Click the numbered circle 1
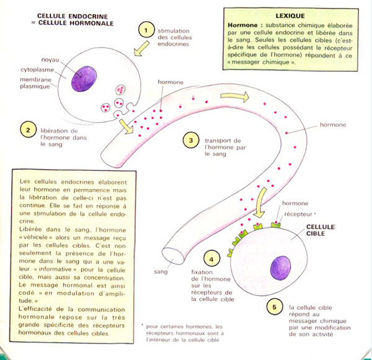(x=147, y=29)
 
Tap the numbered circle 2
(x=27, y=130)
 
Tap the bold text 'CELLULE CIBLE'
(x=320, y=231)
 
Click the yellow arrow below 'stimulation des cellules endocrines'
(x=143, y=48)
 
